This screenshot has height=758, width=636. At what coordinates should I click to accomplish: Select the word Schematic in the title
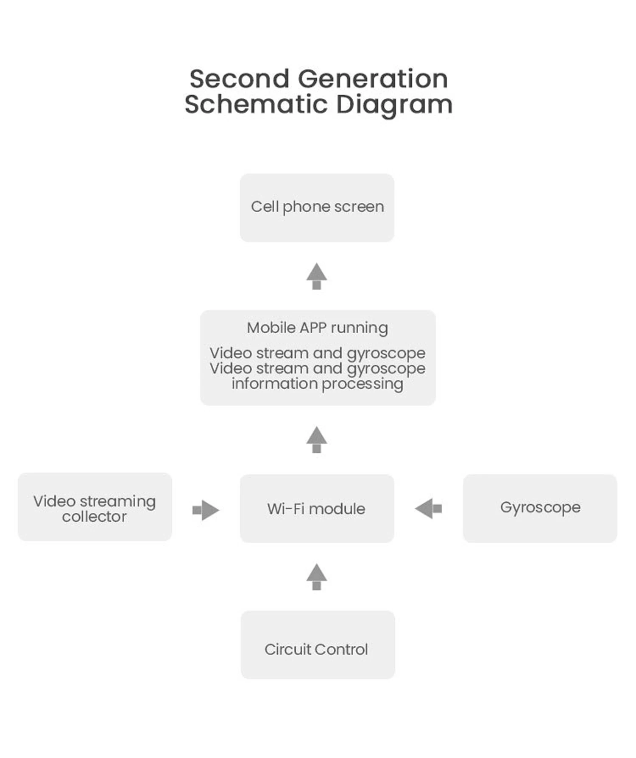point(256,104)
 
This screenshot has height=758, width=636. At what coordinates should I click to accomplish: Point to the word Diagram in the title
point(394,104)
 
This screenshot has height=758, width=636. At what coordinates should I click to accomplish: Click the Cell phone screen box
point(317,207)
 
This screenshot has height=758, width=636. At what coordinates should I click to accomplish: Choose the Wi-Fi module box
point(317,508)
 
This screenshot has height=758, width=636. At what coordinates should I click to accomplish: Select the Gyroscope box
point(540,508)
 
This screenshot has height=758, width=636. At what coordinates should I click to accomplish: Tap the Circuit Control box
point(318,645)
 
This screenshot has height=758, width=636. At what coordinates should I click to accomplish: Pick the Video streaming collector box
point(95,506)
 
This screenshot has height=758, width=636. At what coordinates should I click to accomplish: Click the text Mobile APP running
point(317,328)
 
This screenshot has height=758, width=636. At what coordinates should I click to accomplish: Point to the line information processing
point(317,384)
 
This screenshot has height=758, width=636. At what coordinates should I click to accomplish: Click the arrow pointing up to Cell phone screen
point(316,276)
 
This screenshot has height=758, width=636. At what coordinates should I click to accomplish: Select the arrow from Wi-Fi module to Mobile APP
point(316,440)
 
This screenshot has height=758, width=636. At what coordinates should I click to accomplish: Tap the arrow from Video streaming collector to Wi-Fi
point(206,510)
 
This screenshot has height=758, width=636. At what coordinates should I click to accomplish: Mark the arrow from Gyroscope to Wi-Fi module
point(428,508)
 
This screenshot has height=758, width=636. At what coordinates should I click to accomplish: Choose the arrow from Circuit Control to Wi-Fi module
point(316,577)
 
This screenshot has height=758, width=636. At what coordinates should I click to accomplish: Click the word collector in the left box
point(94,517)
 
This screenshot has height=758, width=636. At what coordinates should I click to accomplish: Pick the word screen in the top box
point(359,207)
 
